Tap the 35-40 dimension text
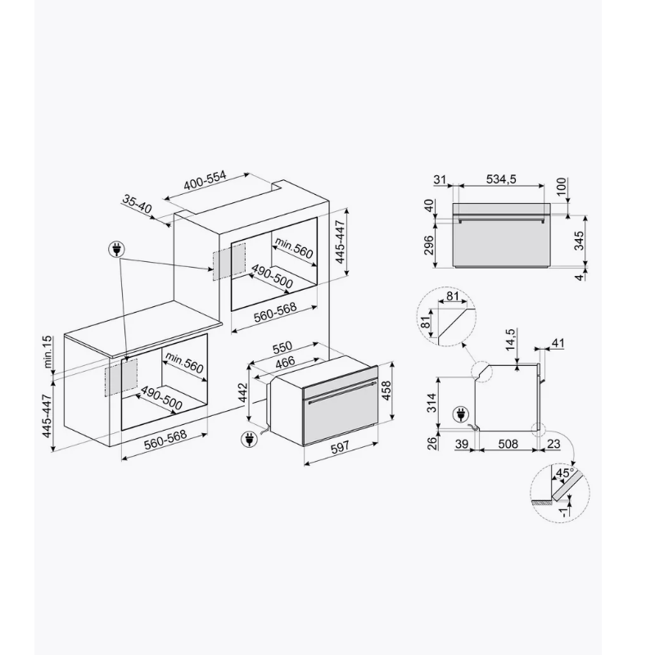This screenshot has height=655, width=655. [137, 204]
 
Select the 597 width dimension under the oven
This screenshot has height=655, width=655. [340, 448]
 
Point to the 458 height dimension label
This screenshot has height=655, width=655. [386, 391]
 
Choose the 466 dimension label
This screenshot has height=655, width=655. [285, 362]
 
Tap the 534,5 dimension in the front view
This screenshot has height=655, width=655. [501, 179]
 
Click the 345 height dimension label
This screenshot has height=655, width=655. [579, 240]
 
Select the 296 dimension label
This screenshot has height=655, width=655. [428, 246]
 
